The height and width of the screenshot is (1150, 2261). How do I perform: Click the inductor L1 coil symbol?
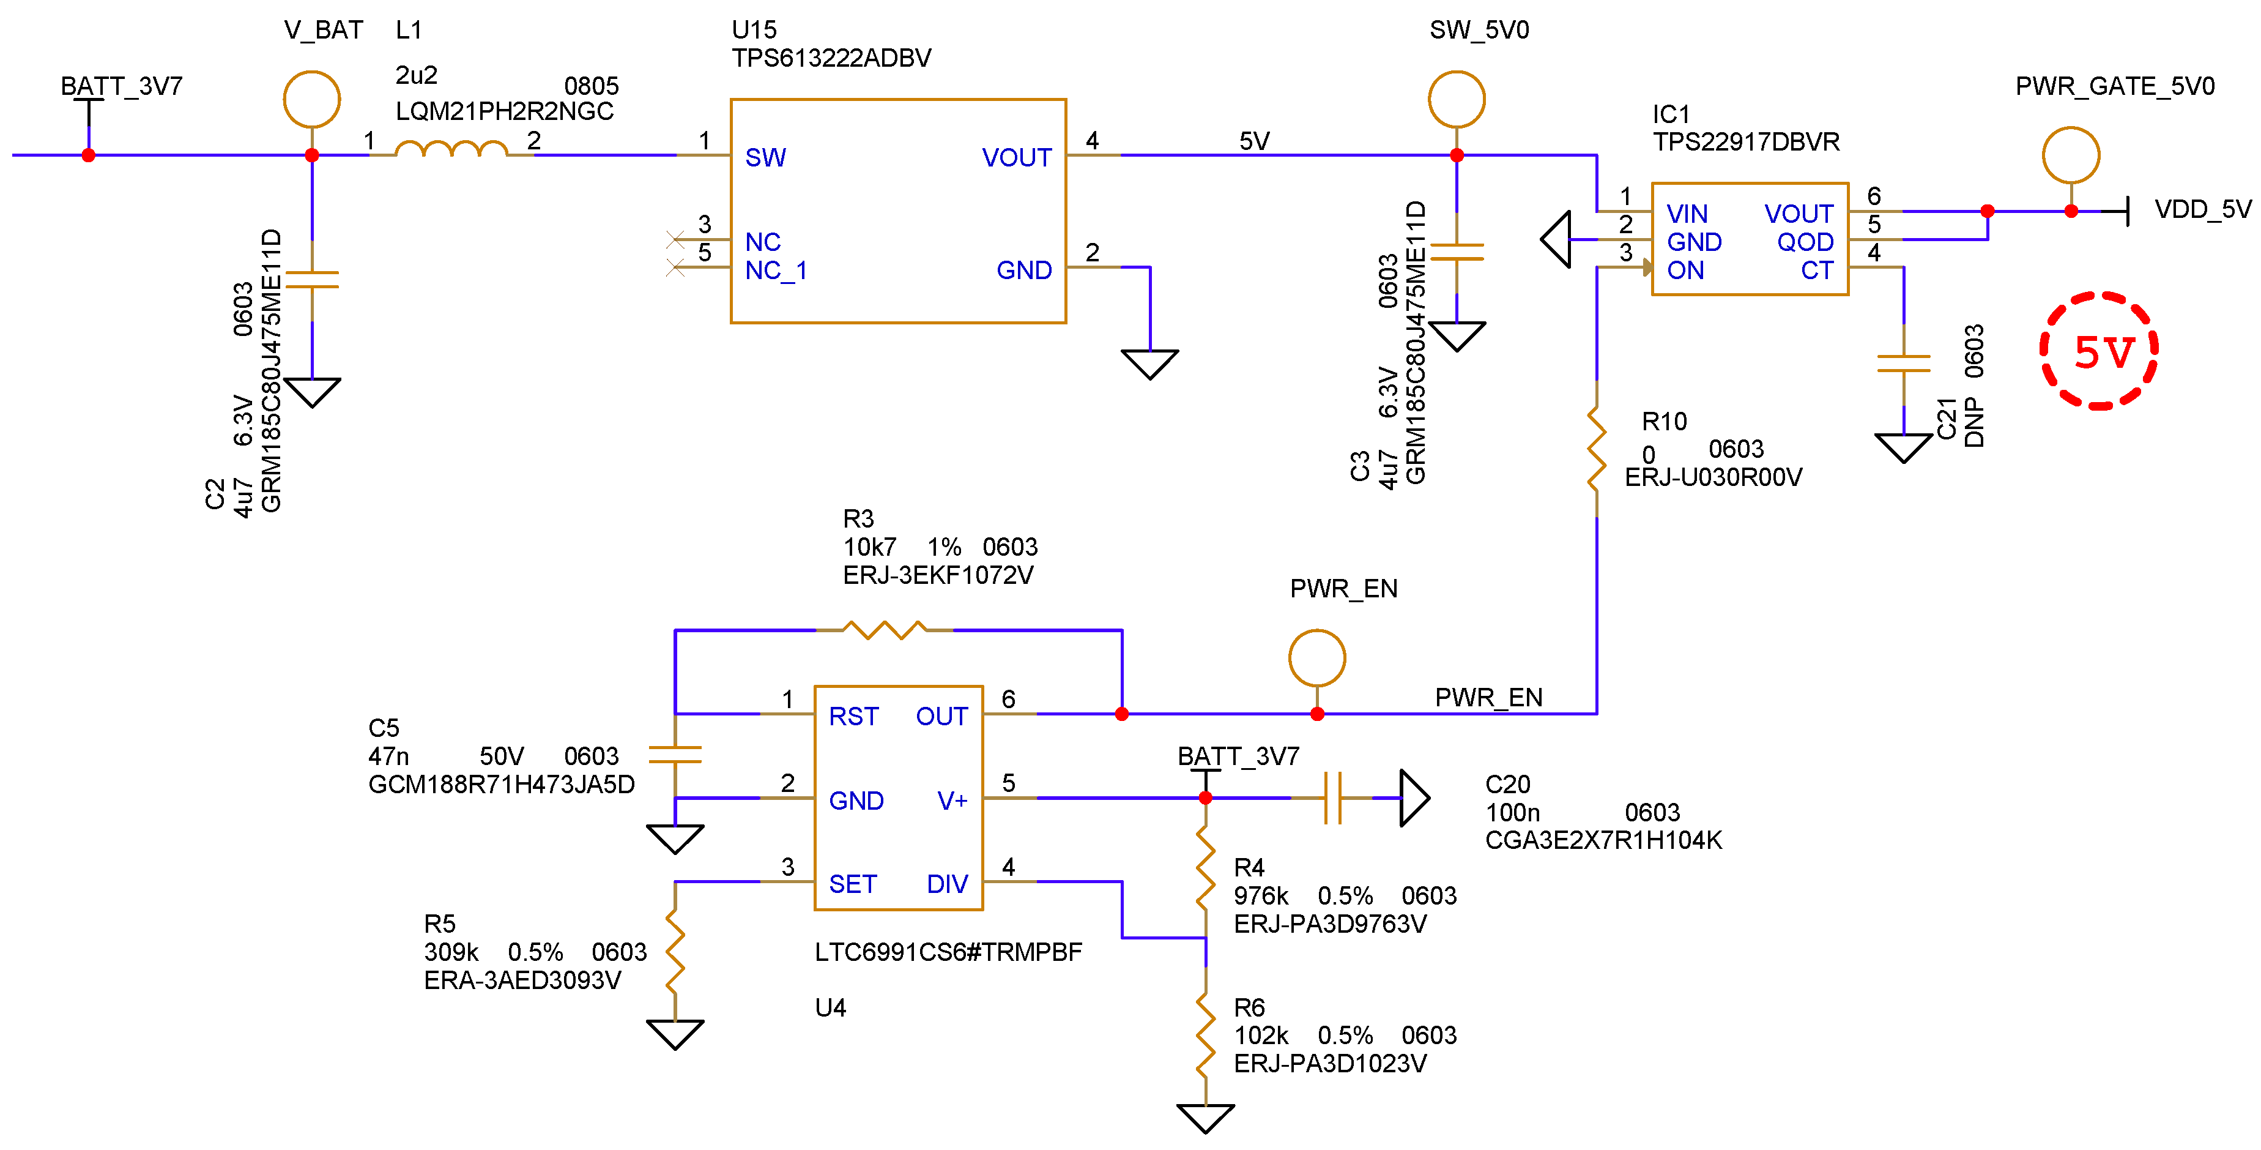tap(451, 149)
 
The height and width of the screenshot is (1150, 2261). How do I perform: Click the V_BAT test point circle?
tap(311, 99)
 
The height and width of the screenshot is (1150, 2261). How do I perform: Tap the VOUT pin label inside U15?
tap(1015, 158)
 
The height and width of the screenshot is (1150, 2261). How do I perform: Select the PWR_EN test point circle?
tap(1316, 657)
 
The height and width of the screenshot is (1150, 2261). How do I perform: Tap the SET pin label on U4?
tap(852, 884)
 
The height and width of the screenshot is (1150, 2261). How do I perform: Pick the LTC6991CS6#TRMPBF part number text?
tap(948, 952)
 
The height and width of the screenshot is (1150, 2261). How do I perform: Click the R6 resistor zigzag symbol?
tap(1205, 1036)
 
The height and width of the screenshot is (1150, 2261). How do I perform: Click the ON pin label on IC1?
tap(1685, 271)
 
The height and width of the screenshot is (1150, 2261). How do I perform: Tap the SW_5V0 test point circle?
tap(1456, 99)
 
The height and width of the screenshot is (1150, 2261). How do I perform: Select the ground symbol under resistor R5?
tap(674, 1032)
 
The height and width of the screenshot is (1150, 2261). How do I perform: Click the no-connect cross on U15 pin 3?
tap(675, 239)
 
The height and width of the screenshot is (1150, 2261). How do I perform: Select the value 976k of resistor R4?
tap(1260, 895)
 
